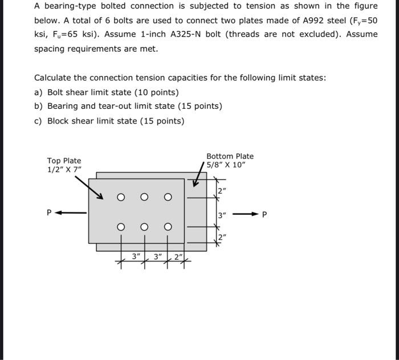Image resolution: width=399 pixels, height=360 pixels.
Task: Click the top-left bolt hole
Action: (121, 198)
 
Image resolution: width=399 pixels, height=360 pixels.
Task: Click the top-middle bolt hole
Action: (144, 198)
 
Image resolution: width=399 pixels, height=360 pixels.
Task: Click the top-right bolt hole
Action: (168, 198)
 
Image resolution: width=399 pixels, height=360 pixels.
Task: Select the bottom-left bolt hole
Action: (121, 227)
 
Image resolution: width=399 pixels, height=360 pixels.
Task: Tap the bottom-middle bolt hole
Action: (144, 227)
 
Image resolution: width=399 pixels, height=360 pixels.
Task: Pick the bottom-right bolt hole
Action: (168, 227)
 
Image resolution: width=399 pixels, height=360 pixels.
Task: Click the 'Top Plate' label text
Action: (64, 161)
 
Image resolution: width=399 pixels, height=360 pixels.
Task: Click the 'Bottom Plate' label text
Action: (230, 156)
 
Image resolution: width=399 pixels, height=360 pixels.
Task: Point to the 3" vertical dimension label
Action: (222, 215)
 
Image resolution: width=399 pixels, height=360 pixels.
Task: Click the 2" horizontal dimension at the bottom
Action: (179, 257)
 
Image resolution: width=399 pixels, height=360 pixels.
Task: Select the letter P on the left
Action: (50, 213)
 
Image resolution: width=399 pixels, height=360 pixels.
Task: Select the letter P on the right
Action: (263, 215)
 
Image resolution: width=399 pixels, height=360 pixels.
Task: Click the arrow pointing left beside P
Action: (71, 213)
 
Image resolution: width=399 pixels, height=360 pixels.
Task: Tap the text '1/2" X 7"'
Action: (64, 170)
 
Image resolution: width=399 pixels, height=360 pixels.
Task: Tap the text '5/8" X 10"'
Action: (226, 165)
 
